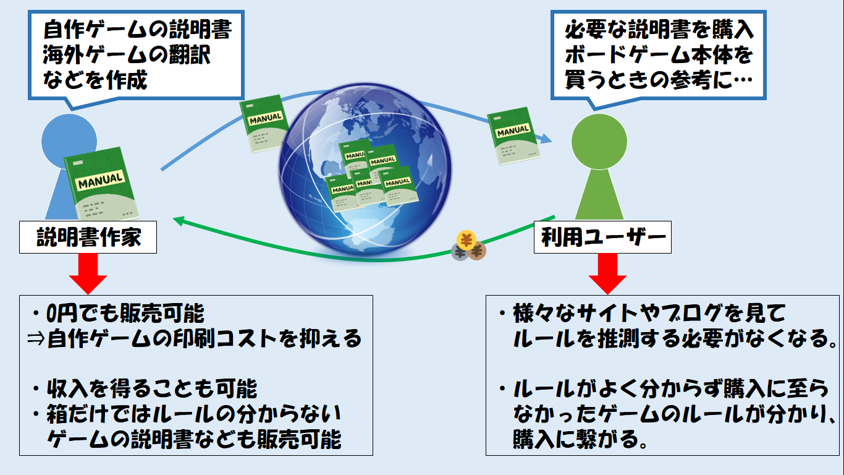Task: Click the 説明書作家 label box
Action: click(x=88, y=237)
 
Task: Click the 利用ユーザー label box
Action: click(x=602, y=237)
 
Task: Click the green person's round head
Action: click(x=597, y=139)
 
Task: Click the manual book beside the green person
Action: click(x=513, y=137)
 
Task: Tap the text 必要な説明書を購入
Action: click(x=659, y=30)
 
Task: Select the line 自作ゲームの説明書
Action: click(x=138, y=29)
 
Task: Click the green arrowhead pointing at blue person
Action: click(x=179, y=220)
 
